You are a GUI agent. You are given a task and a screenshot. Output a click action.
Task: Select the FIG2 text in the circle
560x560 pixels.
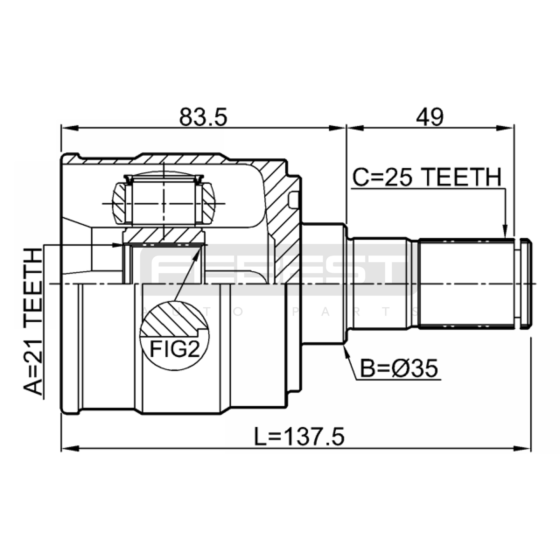click(175, 349)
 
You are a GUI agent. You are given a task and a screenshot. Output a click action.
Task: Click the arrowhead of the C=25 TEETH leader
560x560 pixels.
click(504, 231)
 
